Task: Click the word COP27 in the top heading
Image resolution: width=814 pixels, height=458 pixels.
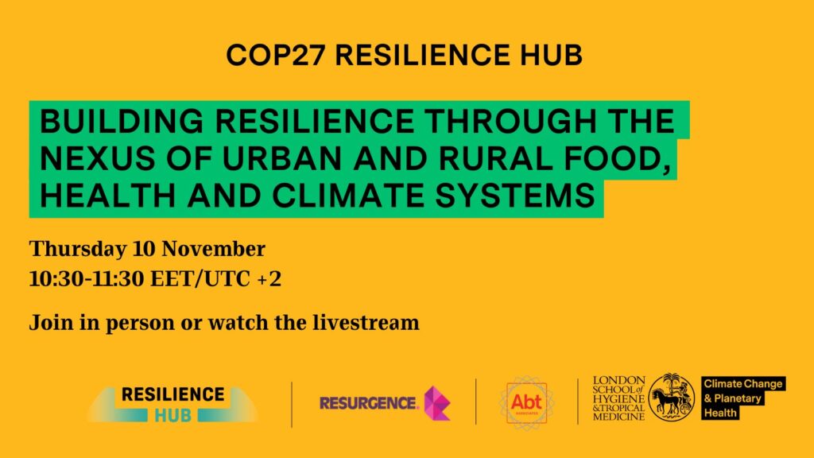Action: point(275,55)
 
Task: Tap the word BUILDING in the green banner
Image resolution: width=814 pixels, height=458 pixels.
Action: point(122,122)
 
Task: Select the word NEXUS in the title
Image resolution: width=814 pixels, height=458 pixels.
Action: point(97,158)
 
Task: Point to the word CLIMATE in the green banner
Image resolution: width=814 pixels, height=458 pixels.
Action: point(348,196)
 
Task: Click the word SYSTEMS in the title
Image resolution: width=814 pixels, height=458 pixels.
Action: point(515,196)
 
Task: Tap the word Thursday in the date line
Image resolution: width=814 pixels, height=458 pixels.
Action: point(77,250)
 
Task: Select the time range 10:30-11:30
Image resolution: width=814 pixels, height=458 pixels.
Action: point(87,279)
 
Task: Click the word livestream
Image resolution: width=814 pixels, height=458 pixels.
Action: point(366,323)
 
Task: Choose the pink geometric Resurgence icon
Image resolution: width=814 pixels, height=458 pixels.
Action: point(437,403)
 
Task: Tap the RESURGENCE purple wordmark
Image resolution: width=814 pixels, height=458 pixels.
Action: point(368,403)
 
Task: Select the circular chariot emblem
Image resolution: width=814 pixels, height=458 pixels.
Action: point(672,398)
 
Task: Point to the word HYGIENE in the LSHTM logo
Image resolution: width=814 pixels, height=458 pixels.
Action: point(618,399)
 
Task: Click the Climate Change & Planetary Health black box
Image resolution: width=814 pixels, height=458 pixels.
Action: point(743,398)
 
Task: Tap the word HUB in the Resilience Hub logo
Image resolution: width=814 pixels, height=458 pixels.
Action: point(172,415)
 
